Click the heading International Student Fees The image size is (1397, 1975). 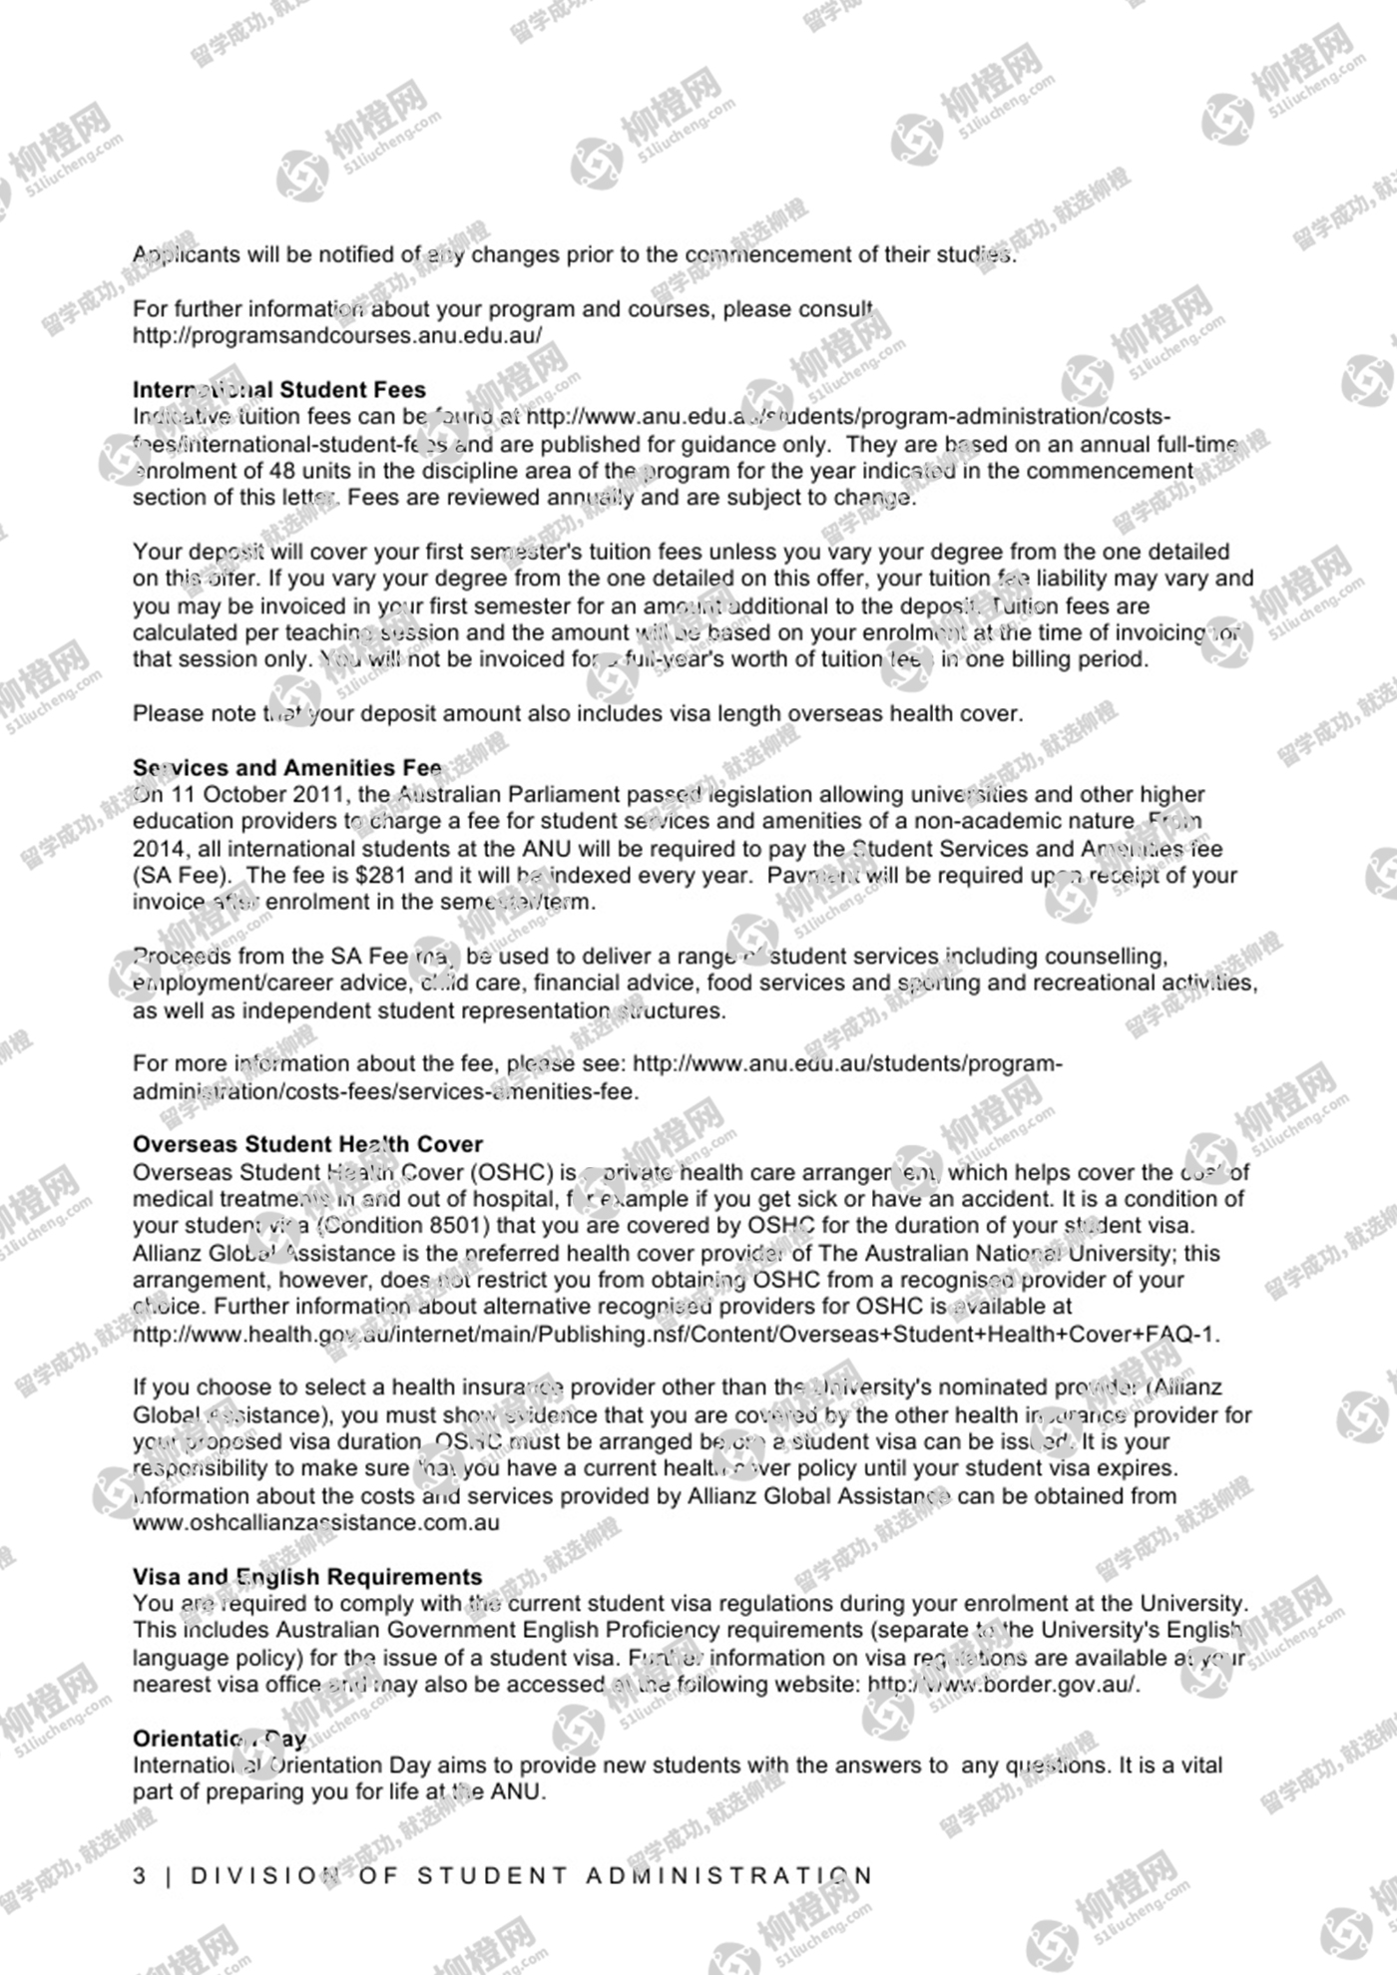279,389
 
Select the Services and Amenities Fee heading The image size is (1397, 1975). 287,767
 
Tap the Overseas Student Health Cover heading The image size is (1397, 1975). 307,1144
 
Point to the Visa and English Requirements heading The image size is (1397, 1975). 307,1577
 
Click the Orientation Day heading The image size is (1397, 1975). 220,1739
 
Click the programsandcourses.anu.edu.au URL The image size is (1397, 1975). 337,335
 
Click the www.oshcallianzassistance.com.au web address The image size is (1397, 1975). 315,1523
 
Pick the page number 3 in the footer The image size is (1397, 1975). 140,1876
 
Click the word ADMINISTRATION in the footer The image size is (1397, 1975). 728,1876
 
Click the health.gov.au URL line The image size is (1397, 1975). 676,1335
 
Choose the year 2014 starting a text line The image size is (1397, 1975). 159,849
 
